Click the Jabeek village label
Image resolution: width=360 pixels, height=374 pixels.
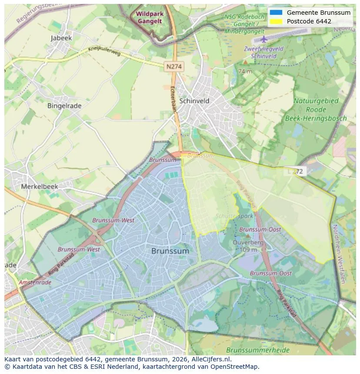pyautogui.click(x=61, y=38)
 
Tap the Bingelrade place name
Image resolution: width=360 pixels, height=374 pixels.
pyautogui.click(x=65, y=105)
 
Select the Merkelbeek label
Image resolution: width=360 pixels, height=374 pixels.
pyautogui.click(x=40, y=186)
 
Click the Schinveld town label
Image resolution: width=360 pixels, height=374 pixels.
pyautogui.click(x=194, y=101)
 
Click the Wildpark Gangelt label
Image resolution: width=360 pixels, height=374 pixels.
pyautogui.click(x=150, y=17)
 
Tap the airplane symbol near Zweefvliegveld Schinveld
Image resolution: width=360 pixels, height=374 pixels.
pyautogui.click(x=263, y=40)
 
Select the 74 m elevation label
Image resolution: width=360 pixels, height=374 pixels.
pyautogui.click(x=245, y=71)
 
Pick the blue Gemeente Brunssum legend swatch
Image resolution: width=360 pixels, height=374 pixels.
pyautogui.click(x=276, y=13)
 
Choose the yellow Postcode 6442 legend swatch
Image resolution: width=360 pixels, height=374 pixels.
pyautogui.click(x=276, y=21)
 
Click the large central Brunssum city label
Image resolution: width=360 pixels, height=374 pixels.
pyautogui.click(x=170, y=251)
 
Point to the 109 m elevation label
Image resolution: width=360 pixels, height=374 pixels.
pyautogui.click(x=248, y=250)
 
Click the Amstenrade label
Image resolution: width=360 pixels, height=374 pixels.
pyautogui.click(x=35, y=282)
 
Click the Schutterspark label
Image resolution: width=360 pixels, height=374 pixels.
pyautogui.click(x=234, y=216)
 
